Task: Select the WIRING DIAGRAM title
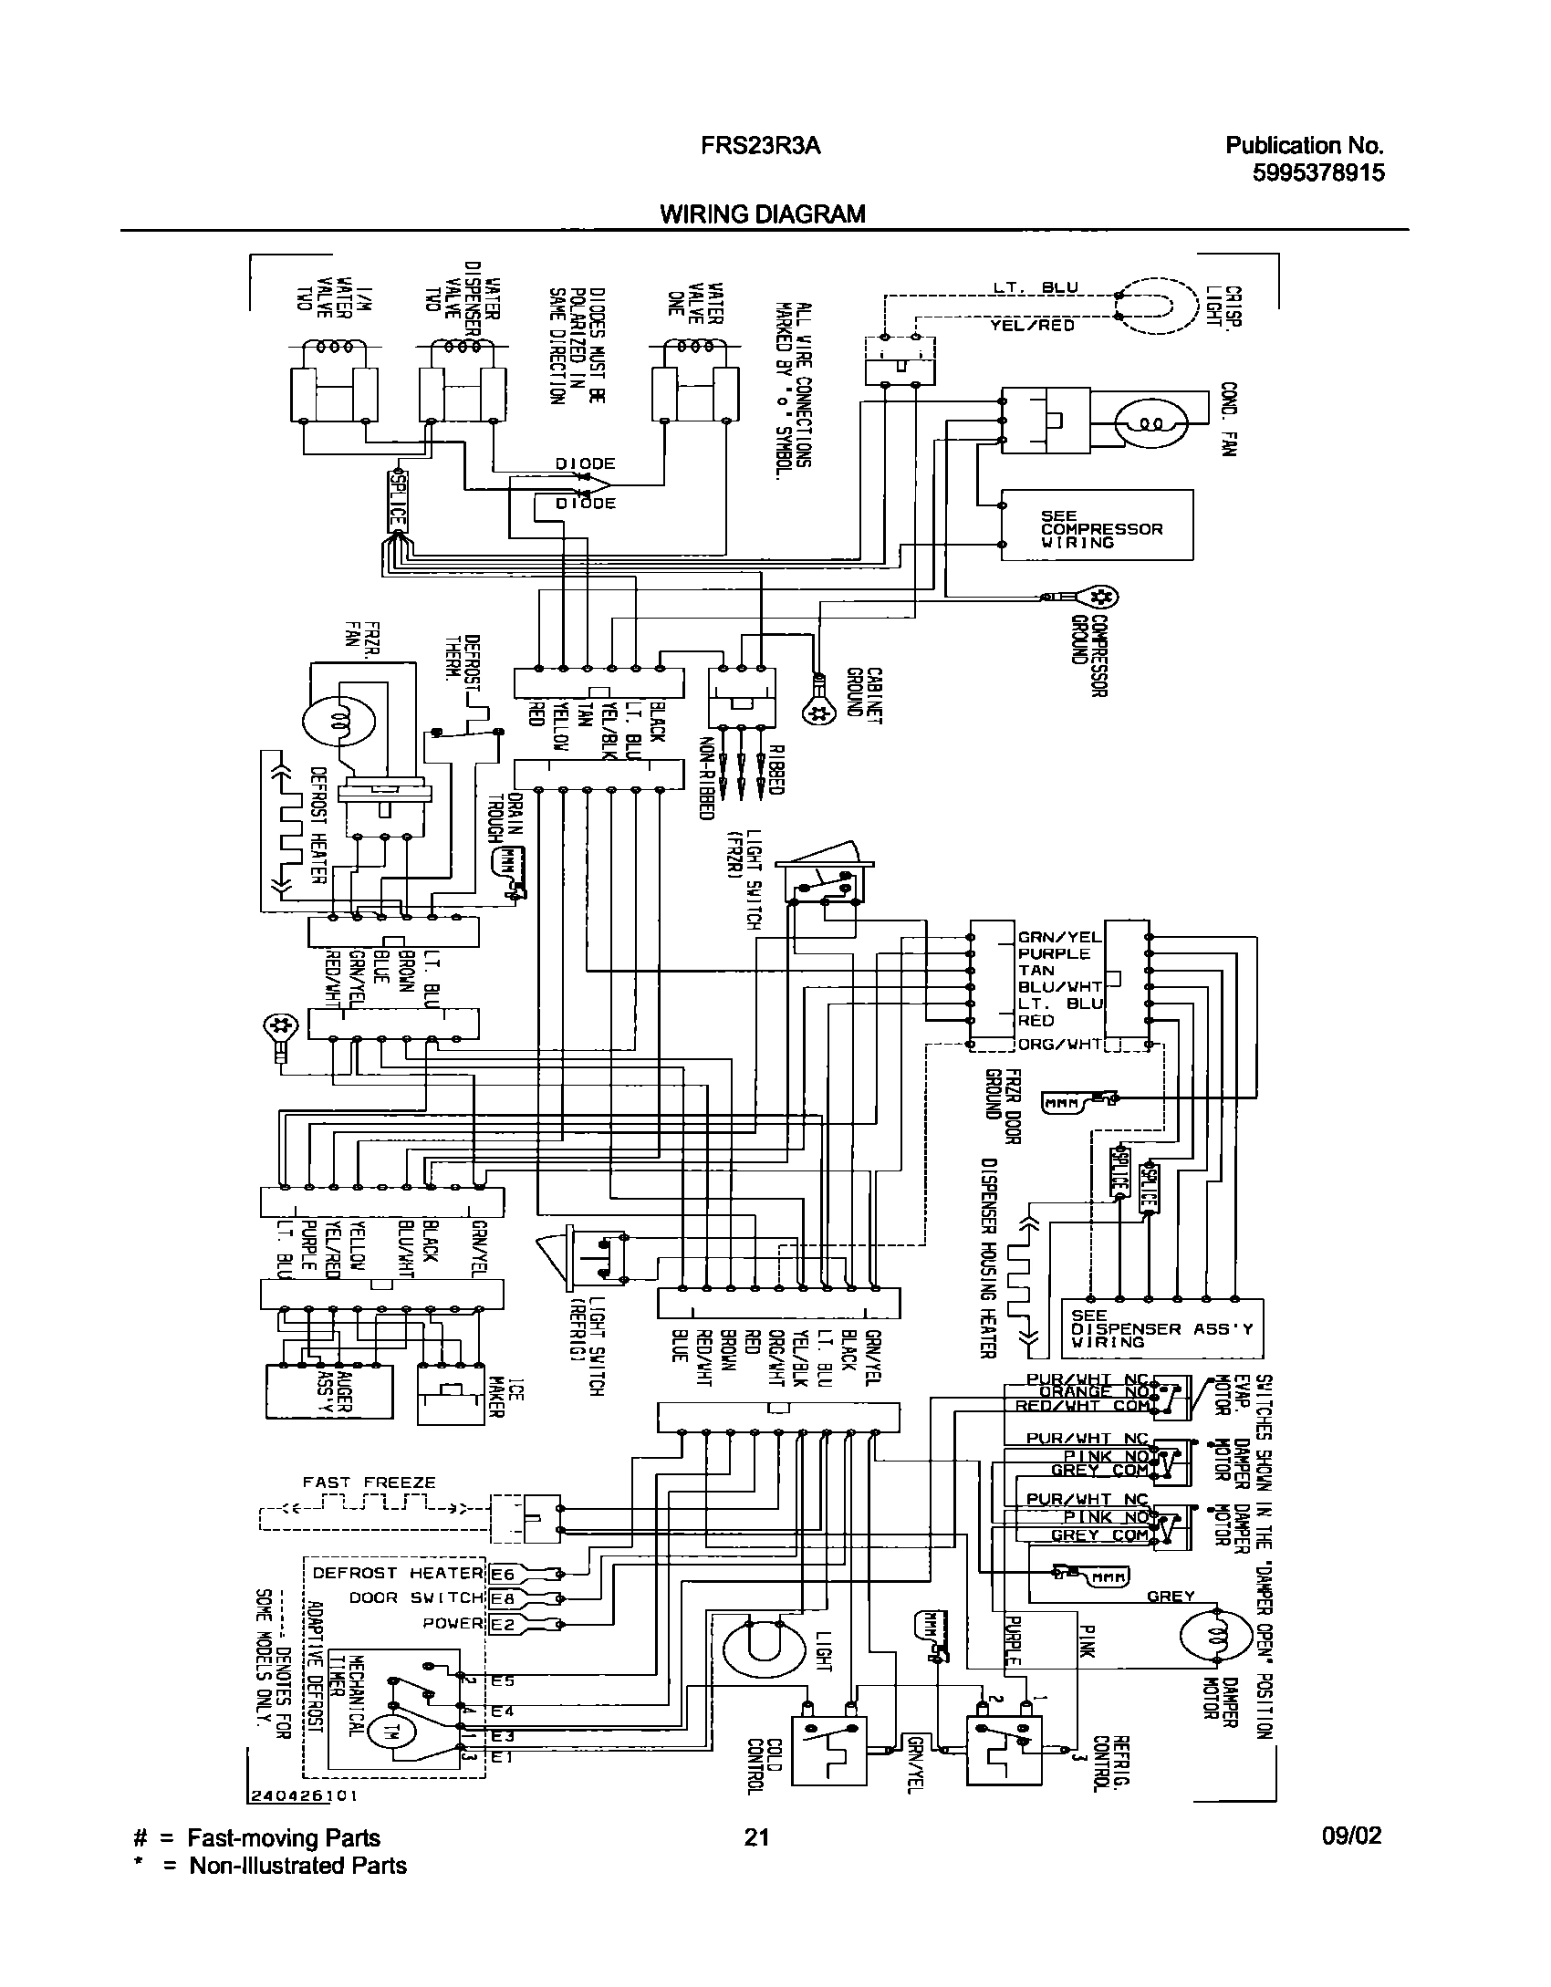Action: [762, 214]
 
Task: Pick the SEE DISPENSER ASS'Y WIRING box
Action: [1163, 1329]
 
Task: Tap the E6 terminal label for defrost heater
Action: [503, 1573]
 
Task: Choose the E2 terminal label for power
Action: [503, 1623]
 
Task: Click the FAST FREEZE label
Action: [370, 1482]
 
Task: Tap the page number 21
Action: [756, 1837]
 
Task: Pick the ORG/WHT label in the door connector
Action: [1060, 1045]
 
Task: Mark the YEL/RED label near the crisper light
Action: [1032, 325]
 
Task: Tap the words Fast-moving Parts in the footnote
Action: [284, 1838]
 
